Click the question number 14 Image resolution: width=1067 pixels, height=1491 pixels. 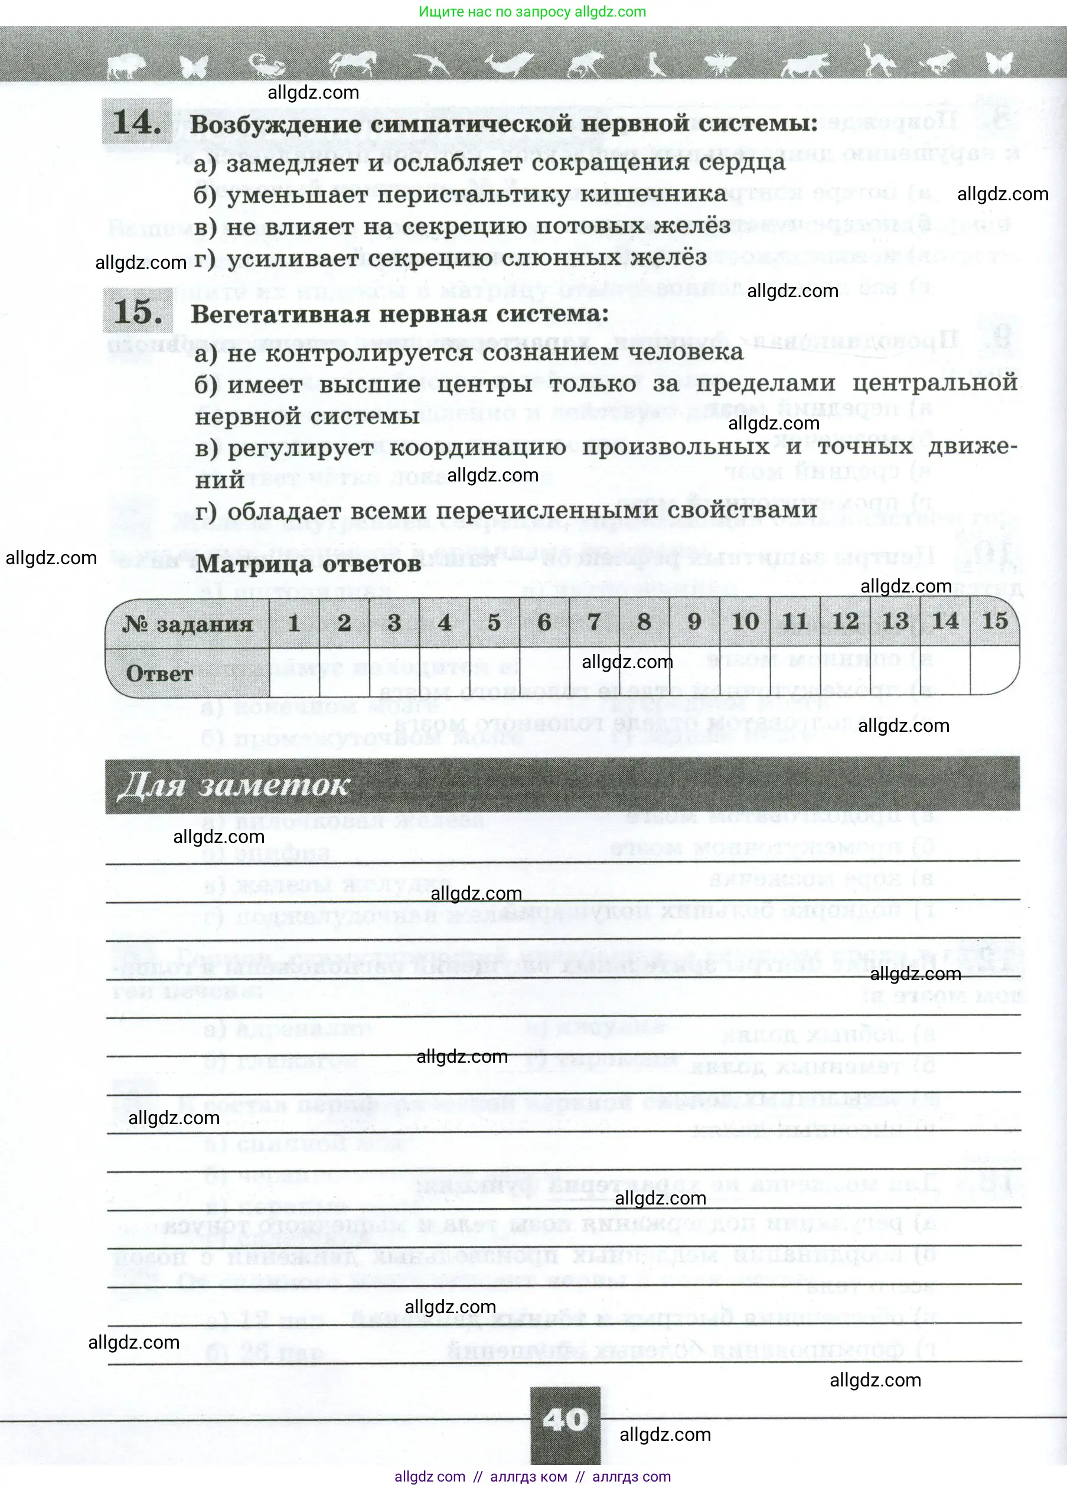point(136,122)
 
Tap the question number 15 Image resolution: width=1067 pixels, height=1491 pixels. point(138,311)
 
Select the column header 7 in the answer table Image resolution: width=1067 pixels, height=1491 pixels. point(594,621)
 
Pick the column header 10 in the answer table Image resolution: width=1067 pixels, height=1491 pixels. point(745,621)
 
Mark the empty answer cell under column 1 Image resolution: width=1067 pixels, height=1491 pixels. point(294,672)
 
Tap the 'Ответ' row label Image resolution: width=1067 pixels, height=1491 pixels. point(159,673)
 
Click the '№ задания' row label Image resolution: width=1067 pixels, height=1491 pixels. point(188,624)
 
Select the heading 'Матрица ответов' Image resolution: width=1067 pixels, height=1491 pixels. point(308,564)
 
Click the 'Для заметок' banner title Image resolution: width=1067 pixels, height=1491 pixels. point(233,785)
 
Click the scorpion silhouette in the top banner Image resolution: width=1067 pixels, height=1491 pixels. point(267,64)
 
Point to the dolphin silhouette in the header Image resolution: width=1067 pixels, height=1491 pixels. point(509,64)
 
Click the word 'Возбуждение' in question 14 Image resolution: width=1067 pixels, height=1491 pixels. point(275,124)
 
